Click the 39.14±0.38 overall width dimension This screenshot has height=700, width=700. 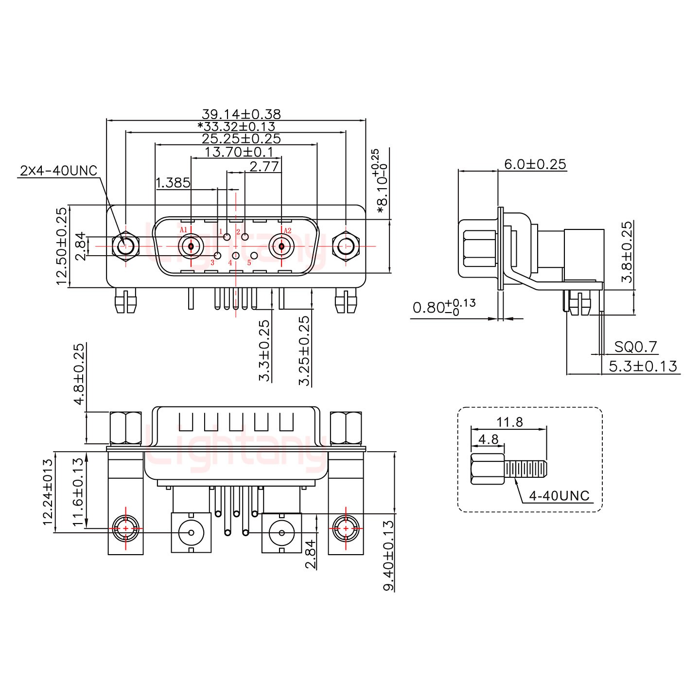[241, 115]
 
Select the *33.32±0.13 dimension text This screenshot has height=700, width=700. [236, 127]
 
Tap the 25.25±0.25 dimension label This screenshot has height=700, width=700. [241, 139]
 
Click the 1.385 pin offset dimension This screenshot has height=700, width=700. [173, 183]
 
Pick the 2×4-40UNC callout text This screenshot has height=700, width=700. [58, 171]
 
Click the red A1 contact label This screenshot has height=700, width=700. [183, 230]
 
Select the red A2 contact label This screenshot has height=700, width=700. [287, 230]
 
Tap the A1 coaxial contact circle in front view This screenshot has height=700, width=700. [191, 246]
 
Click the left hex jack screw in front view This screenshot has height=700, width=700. [125, 246]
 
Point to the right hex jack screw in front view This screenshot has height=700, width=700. [346, 246]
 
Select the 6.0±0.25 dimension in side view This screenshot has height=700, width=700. [535, 164]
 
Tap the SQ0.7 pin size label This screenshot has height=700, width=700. [635, 347]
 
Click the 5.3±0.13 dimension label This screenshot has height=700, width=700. [643, 366]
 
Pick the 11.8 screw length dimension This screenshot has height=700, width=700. [509, 422]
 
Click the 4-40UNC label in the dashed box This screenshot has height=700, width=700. [559, 496]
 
